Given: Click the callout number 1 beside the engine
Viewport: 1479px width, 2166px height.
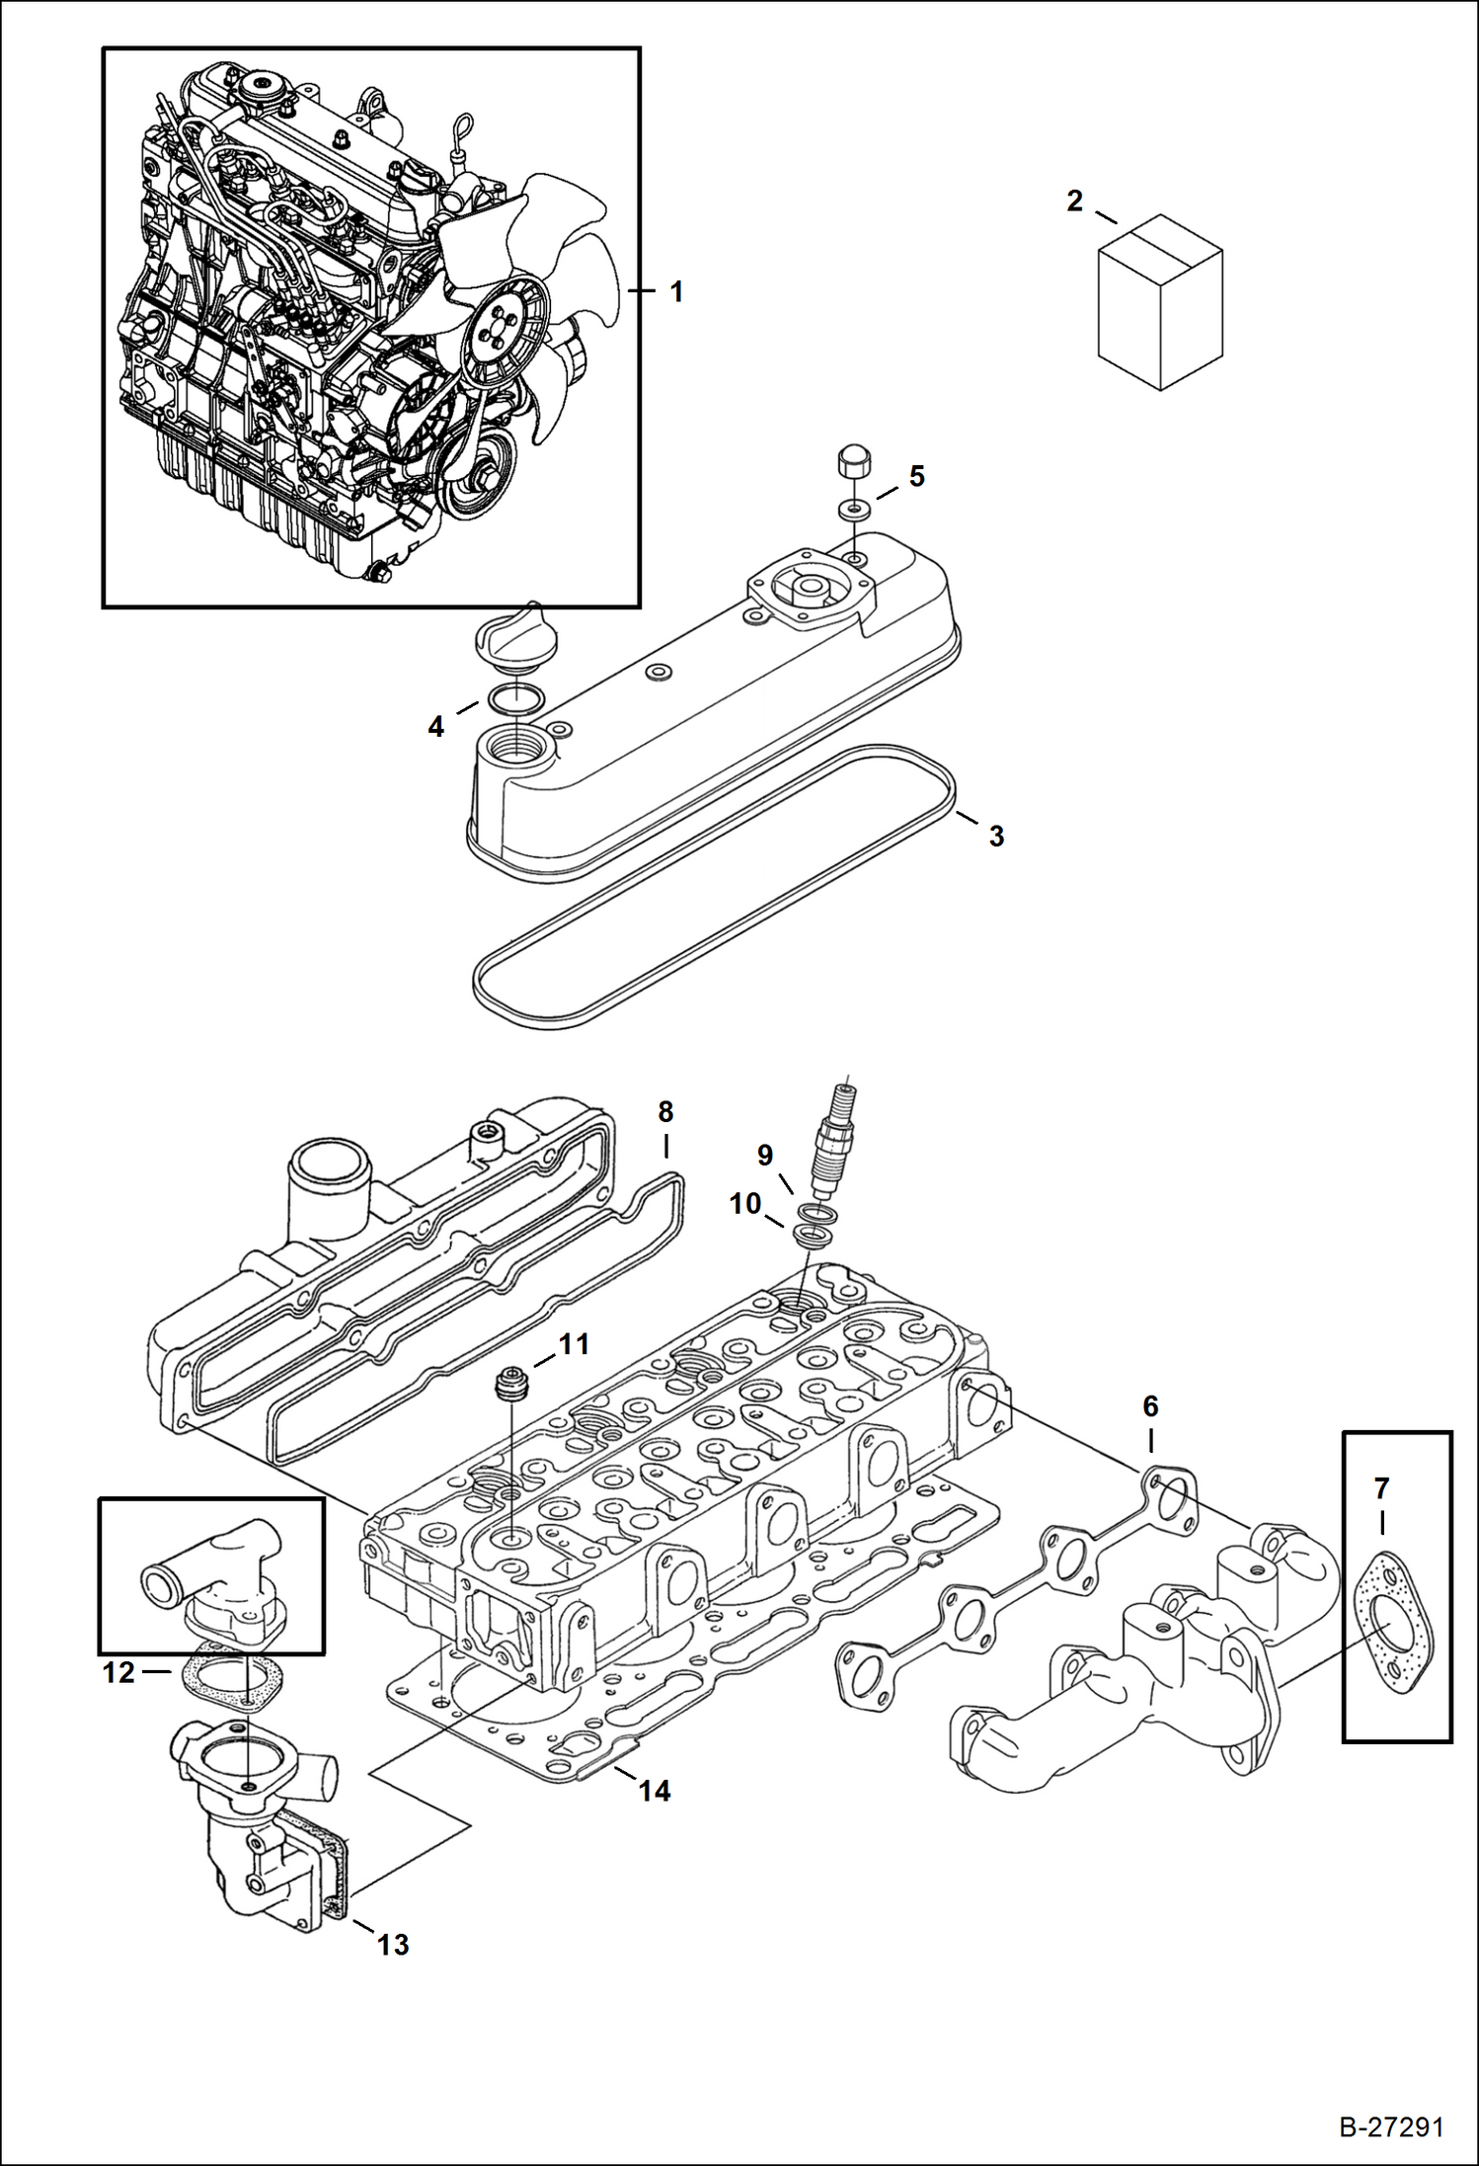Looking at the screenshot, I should pyautogui.click(x=676, y=292).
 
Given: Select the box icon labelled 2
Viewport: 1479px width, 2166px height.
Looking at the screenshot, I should pyautogui.click(x=1160, y=302).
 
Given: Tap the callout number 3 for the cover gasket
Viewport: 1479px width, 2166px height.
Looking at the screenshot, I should pyautogui.click(x=996, y=836).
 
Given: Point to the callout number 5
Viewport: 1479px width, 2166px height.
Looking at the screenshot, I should pyautogui.click(x=916, y=476).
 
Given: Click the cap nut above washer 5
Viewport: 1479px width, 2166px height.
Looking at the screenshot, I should pyautogui.click(x=852, y=461).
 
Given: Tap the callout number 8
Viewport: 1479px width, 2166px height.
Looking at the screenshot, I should pyautogui.click(x=665, y=1112).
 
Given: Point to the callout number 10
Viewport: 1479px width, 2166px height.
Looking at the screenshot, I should pyautogui.click(x=745, y=1203).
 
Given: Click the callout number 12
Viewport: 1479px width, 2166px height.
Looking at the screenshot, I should pyautogui.click(x=118, y=1672).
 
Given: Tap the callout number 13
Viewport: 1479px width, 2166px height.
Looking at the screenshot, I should pyautogui.click(x=393, y=1945).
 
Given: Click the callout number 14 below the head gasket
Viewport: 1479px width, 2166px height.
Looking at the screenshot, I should pyautogui.click(x=655, y=1790).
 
